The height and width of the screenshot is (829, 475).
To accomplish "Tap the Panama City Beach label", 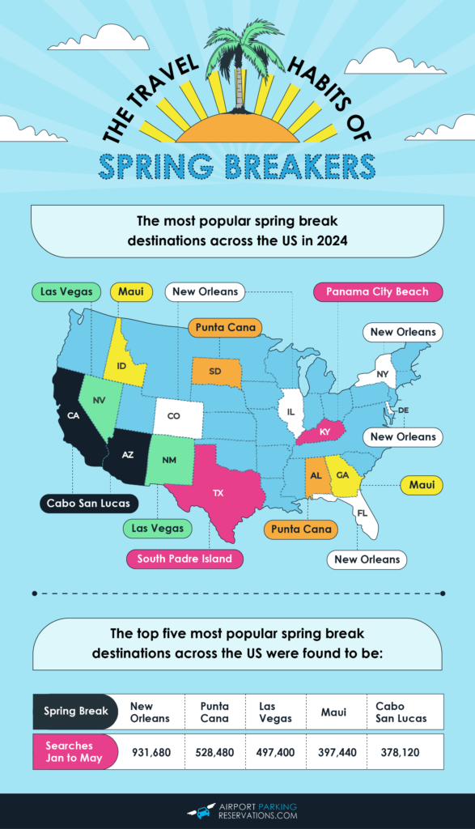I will click(377, 291).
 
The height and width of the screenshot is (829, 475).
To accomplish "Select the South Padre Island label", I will click(184, 559).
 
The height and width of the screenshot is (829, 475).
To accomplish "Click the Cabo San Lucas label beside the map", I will click(87, 504).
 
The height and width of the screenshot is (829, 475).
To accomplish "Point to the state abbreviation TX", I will click(218, 492).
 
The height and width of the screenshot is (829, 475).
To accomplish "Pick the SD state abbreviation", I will click(214, 372).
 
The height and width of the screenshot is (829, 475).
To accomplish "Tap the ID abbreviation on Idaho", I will click(121, 366).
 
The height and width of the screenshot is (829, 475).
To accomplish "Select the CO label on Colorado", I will click(174, 416).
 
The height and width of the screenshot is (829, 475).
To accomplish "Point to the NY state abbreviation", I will click(382, 373).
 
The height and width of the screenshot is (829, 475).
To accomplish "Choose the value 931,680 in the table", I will click(151, 752).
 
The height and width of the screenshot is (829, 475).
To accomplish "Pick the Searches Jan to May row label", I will click(70, 752).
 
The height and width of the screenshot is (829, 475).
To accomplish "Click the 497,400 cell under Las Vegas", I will click(280, 752).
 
